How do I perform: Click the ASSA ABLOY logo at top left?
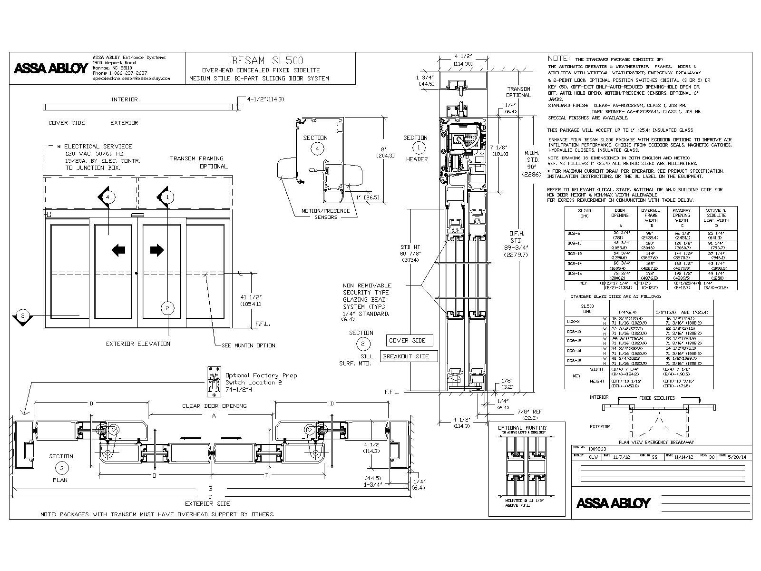(x=50, y=68)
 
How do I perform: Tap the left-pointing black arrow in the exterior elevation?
(x=118, y=250)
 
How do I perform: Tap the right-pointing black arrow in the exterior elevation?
(x=157, y=250)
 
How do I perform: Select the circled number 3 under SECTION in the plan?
(x=61, y=468)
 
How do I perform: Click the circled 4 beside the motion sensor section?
(x=317, y=148)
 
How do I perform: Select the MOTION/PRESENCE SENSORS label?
(x=326, y=214)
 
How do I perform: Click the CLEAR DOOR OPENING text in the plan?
(x=214, y=406)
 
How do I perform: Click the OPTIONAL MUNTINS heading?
(x=522, y=428)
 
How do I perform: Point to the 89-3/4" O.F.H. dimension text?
(x=517, y=247)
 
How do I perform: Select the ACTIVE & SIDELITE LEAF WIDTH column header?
(x=716, y=216)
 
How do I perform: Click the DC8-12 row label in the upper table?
(x=574, y=254)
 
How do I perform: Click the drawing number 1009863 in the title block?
(x=597, y=449)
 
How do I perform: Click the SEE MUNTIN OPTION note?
(x=248, y=345)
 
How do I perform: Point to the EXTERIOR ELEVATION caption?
(x=137, y=344)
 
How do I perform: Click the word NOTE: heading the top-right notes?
(x=558, y=58)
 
